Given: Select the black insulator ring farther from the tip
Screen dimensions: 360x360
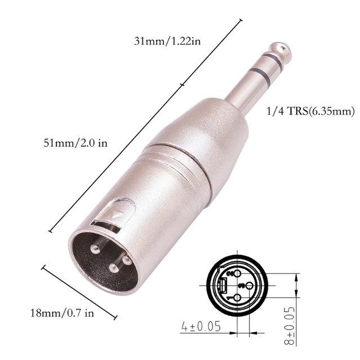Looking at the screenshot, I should [260, 75].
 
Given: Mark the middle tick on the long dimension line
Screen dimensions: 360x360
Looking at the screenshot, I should [181, 85].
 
